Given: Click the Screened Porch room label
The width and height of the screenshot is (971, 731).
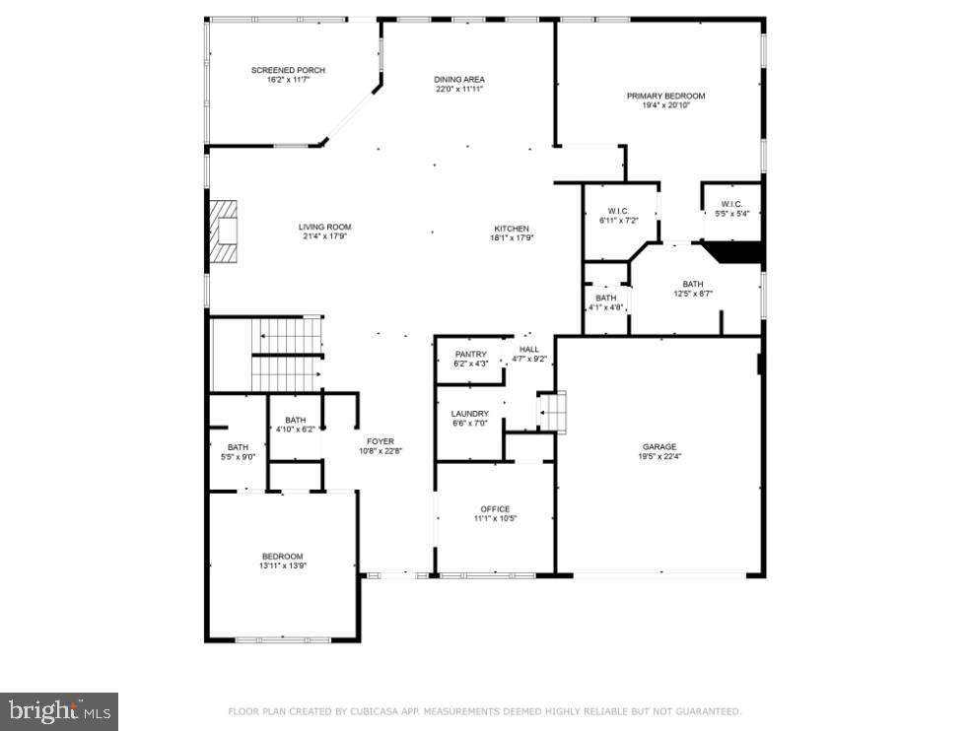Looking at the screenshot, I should point(288,71).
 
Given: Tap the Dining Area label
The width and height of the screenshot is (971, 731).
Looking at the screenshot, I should point(459,80).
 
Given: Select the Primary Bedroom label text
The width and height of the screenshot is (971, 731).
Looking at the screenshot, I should point(666,96).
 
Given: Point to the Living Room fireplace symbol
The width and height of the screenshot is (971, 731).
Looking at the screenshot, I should point(223,233).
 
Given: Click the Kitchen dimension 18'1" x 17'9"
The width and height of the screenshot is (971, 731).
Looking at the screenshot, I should point(512,237).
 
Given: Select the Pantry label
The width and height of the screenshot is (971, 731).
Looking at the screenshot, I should point(470,355).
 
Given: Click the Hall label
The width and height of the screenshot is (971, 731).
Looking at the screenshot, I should point(529,349).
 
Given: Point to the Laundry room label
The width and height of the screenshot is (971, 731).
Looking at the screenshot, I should point(470,414).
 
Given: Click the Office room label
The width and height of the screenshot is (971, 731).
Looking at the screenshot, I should point(495,509).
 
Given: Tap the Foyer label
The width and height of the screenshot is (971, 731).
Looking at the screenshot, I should point(381,441).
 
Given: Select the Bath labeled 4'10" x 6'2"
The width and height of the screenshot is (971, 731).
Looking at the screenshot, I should point(295,421).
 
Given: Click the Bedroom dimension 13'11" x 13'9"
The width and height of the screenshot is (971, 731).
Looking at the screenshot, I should point(282,565).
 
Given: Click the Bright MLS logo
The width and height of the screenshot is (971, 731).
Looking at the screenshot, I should point(59,709).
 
